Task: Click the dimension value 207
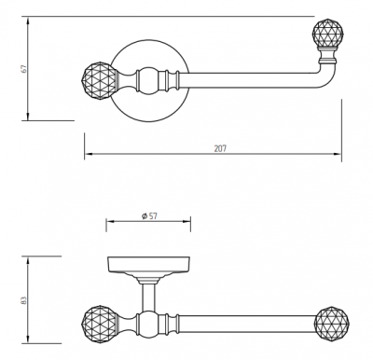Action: tap(220, 148)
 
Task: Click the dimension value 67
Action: tap(24, 69)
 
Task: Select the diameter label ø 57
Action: tap(149, 215)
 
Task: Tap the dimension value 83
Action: tap(24, 300)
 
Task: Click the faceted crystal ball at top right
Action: tap(327, 33)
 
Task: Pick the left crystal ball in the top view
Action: tap(99, 80)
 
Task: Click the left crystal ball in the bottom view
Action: tap(99, 325)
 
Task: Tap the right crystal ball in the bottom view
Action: tap(332, 324)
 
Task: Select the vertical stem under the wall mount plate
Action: tap(148, 298)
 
